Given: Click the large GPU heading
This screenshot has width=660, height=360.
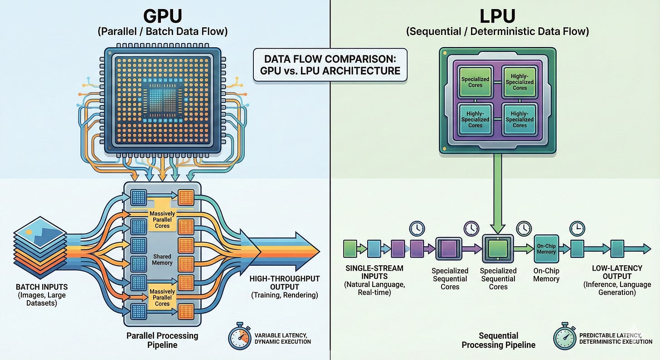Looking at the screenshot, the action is pos(163,16).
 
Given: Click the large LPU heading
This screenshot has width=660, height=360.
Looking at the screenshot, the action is pos(498,16).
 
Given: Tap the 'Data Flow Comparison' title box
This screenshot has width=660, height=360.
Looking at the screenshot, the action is pos(330,65).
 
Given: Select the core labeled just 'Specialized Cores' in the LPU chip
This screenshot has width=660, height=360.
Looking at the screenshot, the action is pos(475,82).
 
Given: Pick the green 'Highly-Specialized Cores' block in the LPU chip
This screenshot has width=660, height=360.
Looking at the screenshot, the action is pos(520,82).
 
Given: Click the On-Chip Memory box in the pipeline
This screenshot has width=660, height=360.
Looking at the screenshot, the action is pos(546,249).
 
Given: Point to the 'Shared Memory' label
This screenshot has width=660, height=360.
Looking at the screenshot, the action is pos(162,259).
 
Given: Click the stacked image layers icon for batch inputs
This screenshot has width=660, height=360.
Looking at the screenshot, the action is pos(40,248).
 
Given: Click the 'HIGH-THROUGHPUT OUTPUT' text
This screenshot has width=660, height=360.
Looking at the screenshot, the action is pos(285,282).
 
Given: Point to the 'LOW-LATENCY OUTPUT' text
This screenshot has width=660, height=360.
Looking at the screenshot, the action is pos(617,272).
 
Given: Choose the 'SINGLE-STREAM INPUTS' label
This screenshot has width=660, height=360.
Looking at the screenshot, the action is pos(374,272).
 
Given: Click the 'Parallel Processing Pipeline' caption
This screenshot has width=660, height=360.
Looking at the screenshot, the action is pos(162,340).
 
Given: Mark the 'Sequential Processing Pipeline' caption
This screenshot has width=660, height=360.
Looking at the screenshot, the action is pos(499,340).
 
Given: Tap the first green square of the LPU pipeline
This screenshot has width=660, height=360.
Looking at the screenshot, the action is pos(350,248).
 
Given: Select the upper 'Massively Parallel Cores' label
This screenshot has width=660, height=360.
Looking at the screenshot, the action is pos(162,219).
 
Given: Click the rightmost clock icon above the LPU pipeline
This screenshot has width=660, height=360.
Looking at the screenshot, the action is pos(577,229).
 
